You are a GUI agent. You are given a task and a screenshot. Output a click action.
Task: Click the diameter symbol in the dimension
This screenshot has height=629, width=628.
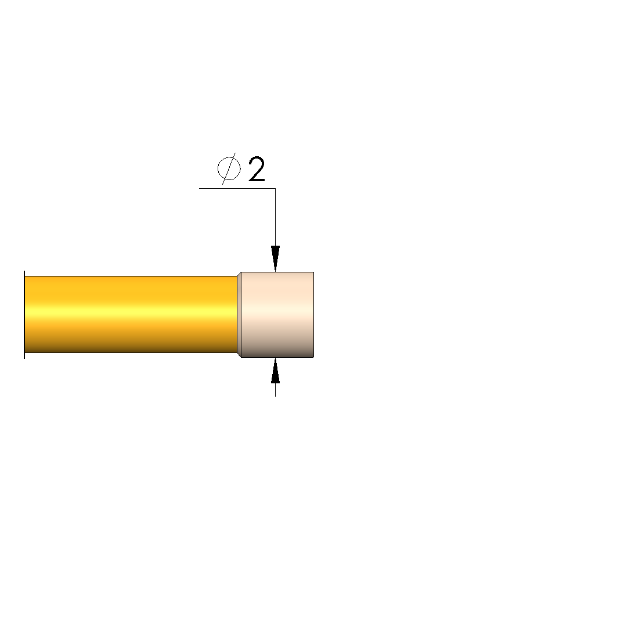229,168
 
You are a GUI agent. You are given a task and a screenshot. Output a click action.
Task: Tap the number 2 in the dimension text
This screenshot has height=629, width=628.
257,169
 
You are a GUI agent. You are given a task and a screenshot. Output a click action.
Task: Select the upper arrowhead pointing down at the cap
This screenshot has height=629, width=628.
275,258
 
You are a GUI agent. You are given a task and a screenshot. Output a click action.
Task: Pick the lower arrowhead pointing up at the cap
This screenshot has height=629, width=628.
275,371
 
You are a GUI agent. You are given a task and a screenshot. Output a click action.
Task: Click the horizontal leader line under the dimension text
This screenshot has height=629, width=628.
237,188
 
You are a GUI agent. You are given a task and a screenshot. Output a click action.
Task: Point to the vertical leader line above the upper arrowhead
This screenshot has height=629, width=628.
275,217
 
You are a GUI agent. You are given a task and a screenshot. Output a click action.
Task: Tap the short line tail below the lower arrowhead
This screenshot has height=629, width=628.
275,390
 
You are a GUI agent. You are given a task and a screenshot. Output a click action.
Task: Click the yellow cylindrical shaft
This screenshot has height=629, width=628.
131,315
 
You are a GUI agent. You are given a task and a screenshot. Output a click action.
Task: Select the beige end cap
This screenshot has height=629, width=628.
277,315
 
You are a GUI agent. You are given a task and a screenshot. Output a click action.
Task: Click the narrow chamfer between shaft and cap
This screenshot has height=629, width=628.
239,315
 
